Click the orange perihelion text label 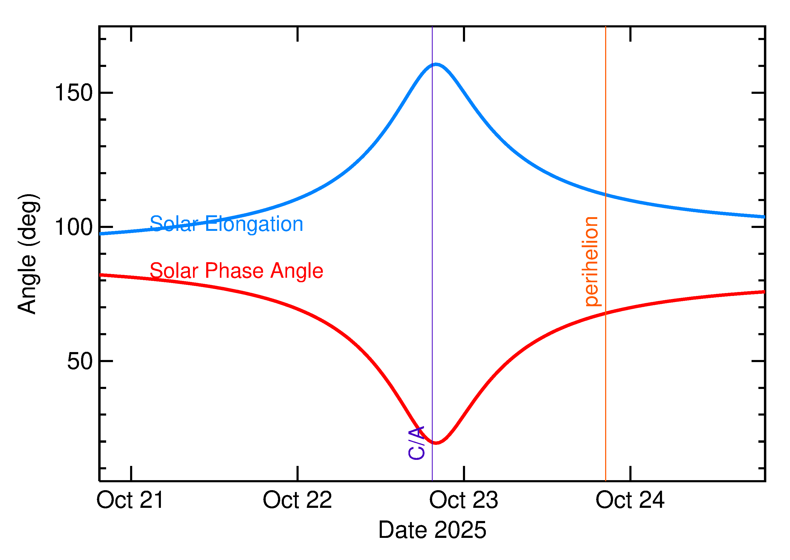[x=591, y=261]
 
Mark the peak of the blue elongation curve [x=436, y=64]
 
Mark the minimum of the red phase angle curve [x=436, y=443]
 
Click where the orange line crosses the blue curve [x=605, y=194]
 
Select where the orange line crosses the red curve [x=605, y=313]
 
